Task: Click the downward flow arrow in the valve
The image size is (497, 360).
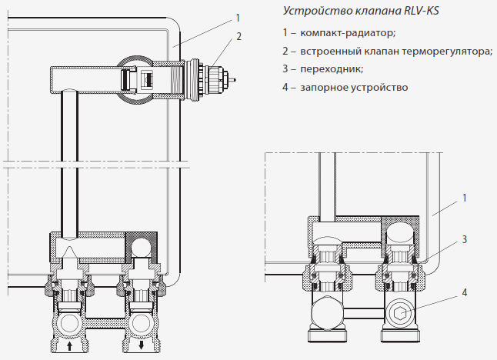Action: (142, 347)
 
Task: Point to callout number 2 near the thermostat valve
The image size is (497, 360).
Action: (239, 36)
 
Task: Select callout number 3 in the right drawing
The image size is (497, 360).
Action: (465, 240)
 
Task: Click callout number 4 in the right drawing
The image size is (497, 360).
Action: (465, 293)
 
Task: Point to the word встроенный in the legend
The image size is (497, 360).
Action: (328, 52)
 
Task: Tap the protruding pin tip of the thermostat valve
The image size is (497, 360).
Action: (234, 78)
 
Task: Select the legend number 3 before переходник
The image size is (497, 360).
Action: (285, 69)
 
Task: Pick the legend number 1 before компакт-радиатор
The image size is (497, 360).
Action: (285, 33)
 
